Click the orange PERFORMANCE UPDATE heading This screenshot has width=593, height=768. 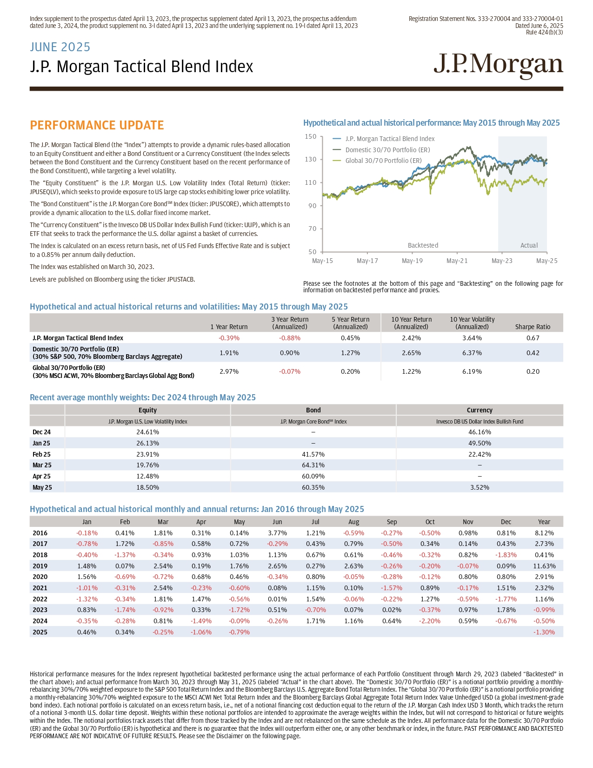click(97, 125)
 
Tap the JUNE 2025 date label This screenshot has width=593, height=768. click(60, 47)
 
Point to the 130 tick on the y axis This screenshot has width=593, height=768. click(311, 159)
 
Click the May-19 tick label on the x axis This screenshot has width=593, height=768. click(412, 261)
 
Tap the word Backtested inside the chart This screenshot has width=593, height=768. click(423, 245)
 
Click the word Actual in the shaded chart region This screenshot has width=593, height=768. click(529, 245)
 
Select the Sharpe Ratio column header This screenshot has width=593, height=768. click(533, 327)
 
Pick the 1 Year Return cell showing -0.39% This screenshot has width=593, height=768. click(229, 338)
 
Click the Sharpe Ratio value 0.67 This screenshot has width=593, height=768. click(533, 338)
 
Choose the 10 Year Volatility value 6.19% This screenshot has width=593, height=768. click(472, 371)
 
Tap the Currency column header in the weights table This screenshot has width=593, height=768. click(479, 410)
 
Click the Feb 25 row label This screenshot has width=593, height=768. click(42, 454)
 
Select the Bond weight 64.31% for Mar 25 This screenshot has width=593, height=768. click(313, 465)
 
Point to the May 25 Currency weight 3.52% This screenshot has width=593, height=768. click(479, 487)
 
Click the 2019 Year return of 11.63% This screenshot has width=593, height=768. click(544, 566)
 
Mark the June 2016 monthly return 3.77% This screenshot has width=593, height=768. click(277, 533)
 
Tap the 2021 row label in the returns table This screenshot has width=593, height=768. click(40, 588)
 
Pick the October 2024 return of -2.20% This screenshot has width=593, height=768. click(430, 621)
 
